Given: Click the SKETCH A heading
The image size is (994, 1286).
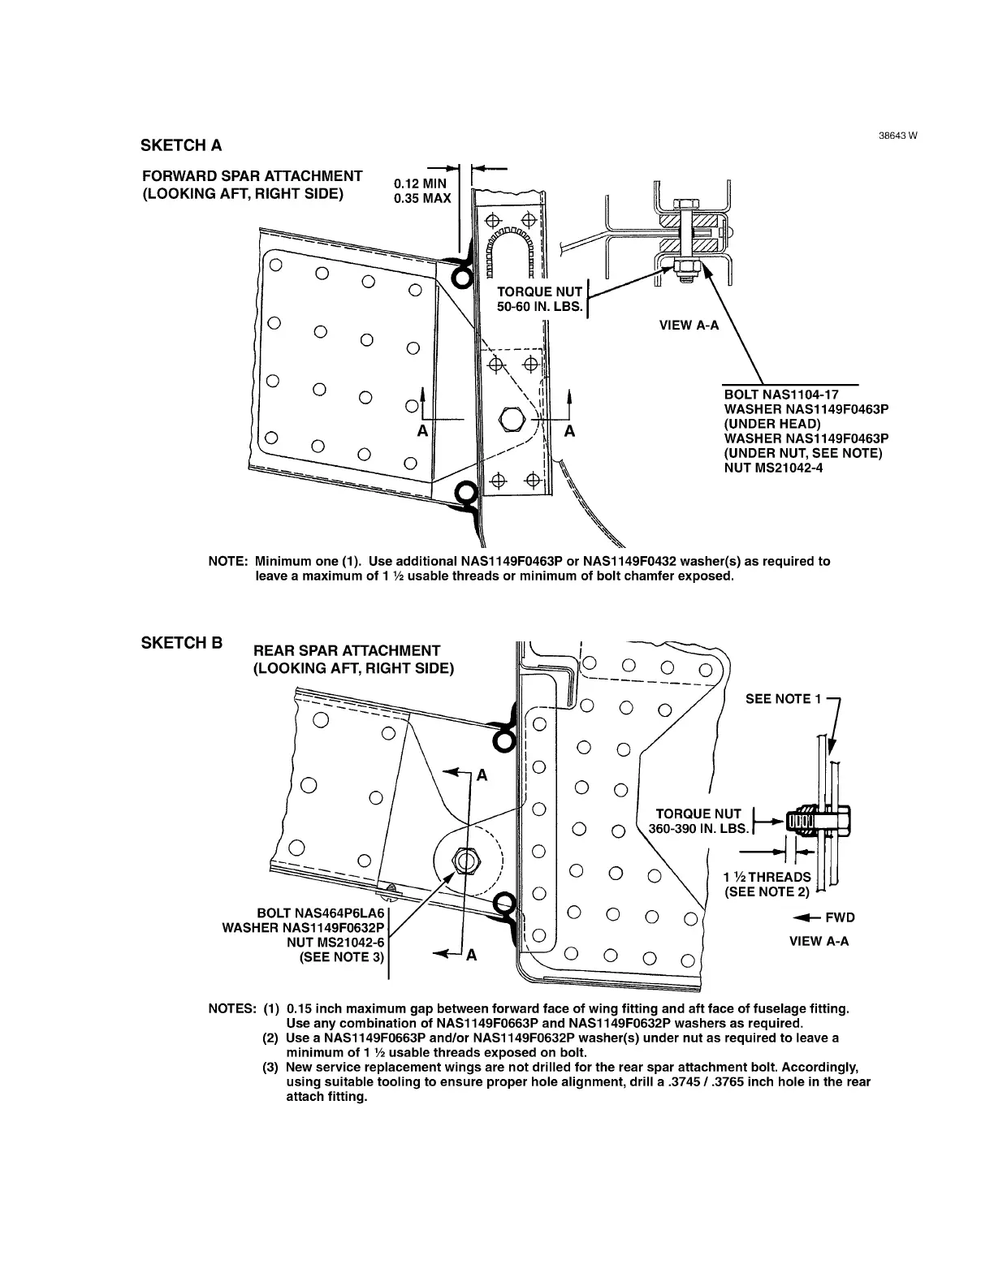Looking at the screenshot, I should coord(181,145).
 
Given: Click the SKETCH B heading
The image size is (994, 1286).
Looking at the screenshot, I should coord(182,643).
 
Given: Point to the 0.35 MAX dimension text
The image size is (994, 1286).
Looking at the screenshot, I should coord(421,198).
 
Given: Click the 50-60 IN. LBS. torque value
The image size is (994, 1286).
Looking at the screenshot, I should coord(540,307).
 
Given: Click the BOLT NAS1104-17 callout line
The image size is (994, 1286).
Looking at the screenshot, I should coord(775,395).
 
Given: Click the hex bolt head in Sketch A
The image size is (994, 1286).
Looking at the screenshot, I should coord(512,418).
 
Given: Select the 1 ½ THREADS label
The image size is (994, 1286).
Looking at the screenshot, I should coord(767,877).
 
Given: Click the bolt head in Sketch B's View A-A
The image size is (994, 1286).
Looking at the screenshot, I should coord(842,822).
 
